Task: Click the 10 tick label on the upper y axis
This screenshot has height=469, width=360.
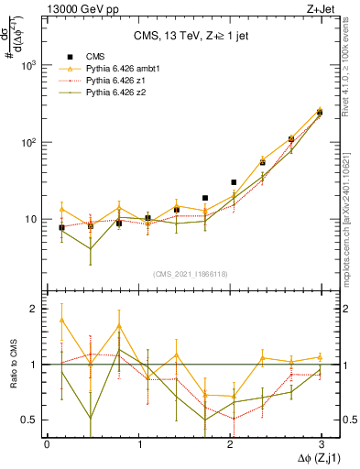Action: [x=33, y=220]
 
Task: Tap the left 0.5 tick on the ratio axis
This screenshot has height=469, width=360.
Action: [x=33, y=420]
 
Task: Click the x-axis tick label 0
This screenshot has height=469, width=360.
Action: [x=47, y=442]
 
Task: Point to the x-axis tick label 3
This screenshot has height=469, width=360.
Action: [x=322, y=442]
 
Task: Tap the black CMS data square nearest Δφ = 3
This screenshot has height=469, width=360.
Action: [x=320, y=112]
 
